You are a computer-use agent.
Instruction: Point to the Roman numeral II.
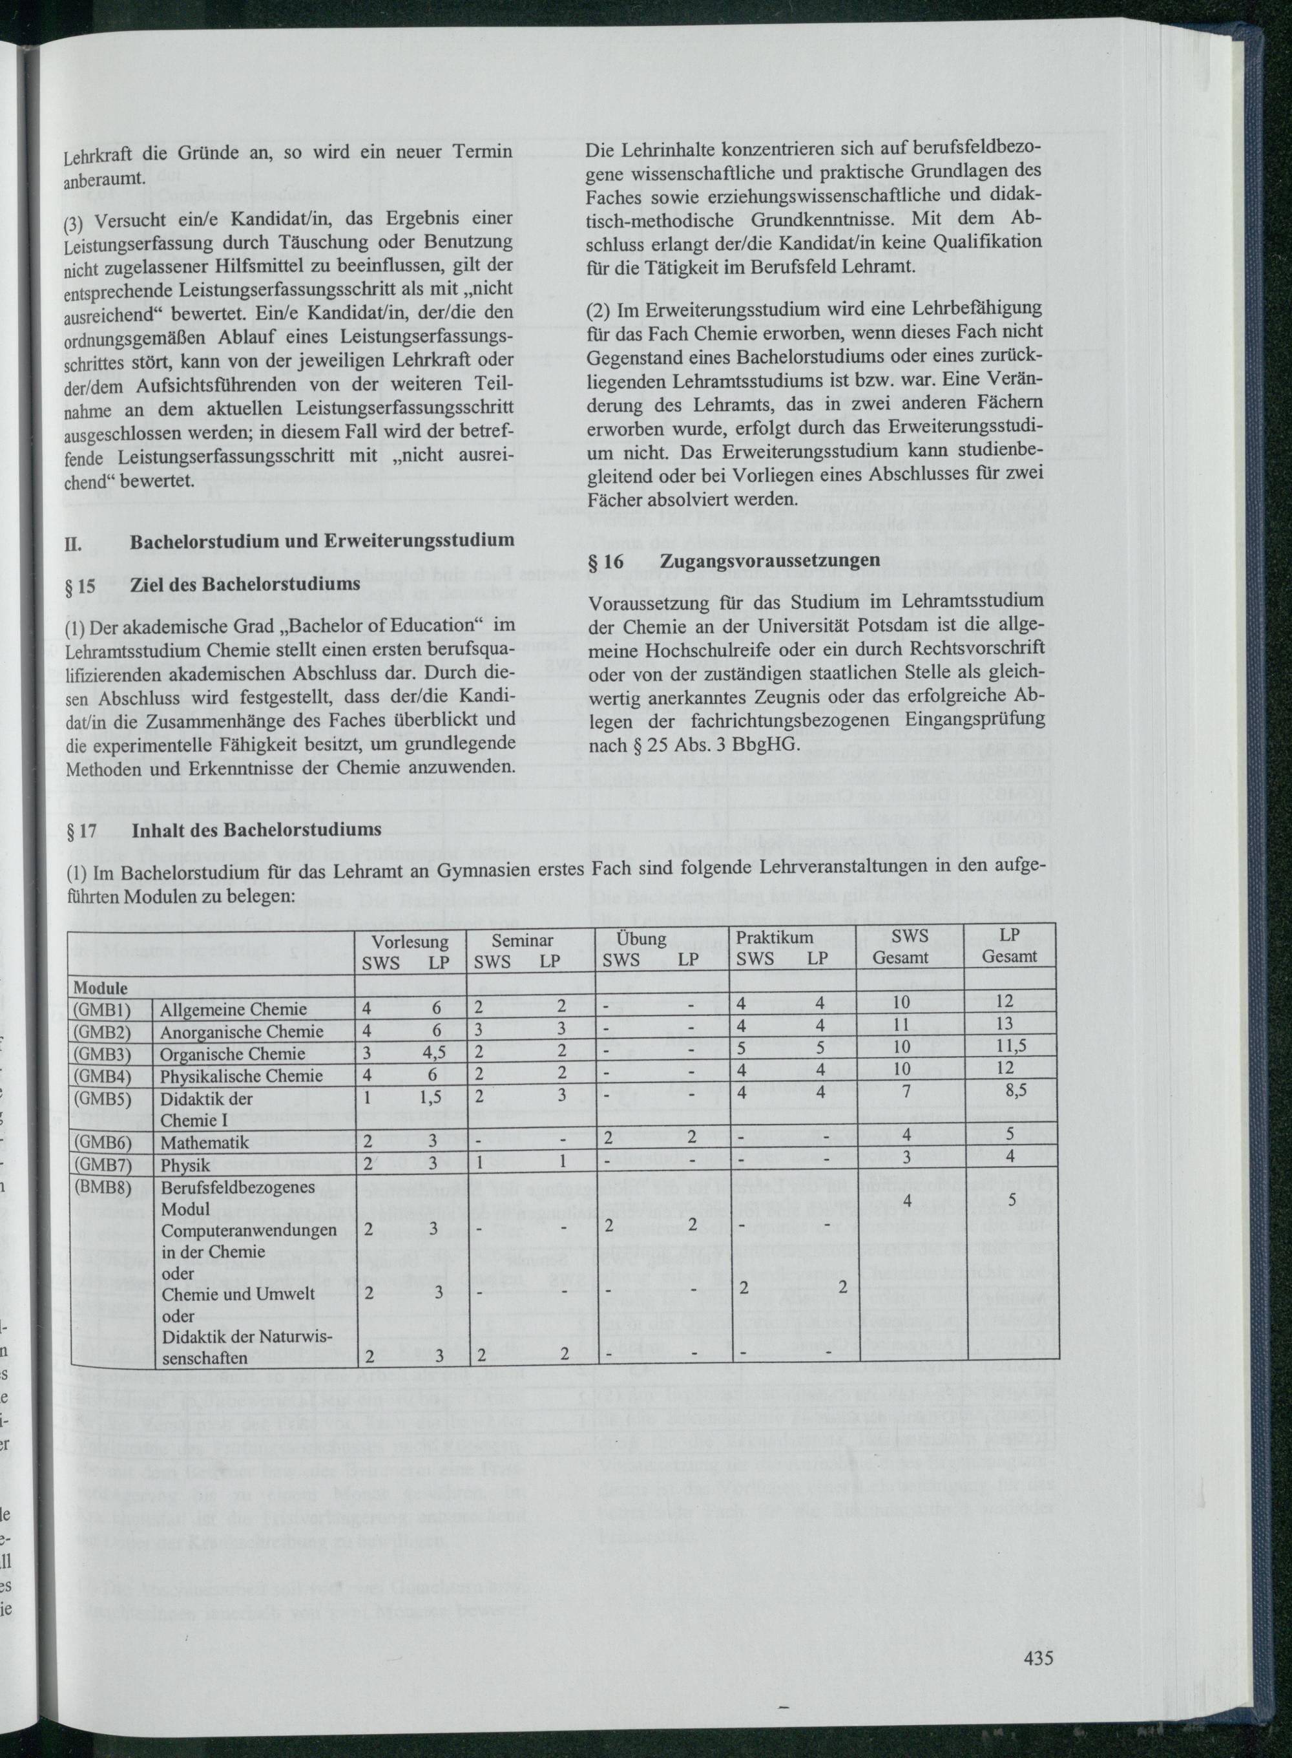[73, 540]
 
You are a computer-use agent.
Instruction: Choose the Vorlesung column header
[410, 941]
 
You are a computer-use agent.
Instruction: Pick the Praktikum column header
[775, 937]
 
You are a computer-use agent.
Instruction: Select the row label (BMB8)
[103, 1186]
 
